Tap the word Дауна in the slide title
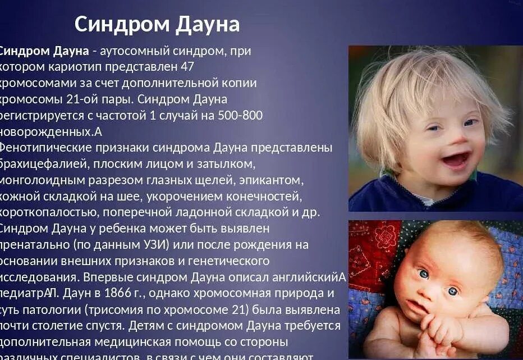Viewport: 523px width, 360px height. coord(208,24)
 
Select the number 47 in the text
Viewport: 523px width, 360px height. coord(187,66)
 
